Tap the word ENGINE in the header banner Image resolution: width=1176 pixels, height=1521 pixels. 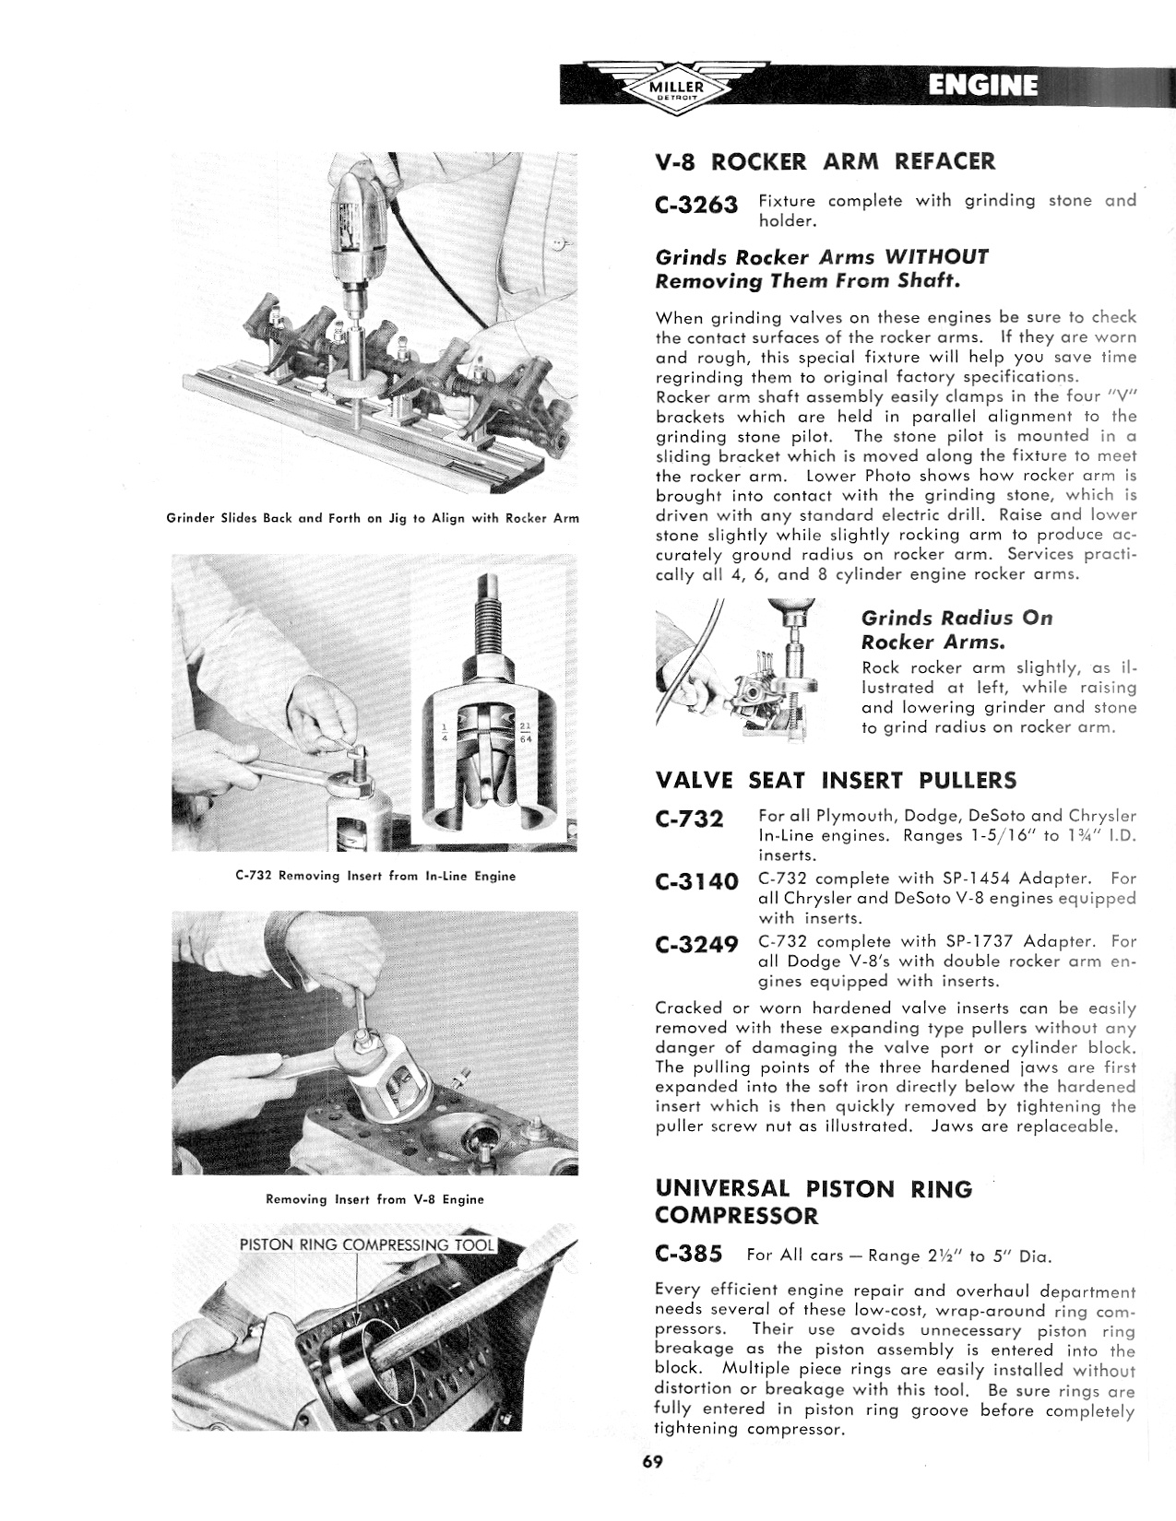(982, 86)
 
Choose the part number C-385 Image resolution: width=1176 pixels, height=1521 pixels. (688, 1255)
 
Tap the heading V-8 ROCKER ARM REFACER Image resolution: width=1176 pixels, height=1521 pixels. (826, 162)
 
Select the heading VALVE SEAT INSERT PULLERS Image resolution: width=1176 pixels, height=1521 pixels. (836, 781)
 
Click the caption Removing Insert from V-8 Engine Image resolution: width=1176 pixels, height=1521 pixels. (374, 1199)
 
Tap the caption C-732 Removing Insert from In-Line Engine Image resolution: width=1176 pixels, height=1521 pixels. (375, 876)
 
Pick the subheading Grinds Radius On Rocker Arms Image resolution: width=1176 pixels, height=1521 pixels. (956, 629)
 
